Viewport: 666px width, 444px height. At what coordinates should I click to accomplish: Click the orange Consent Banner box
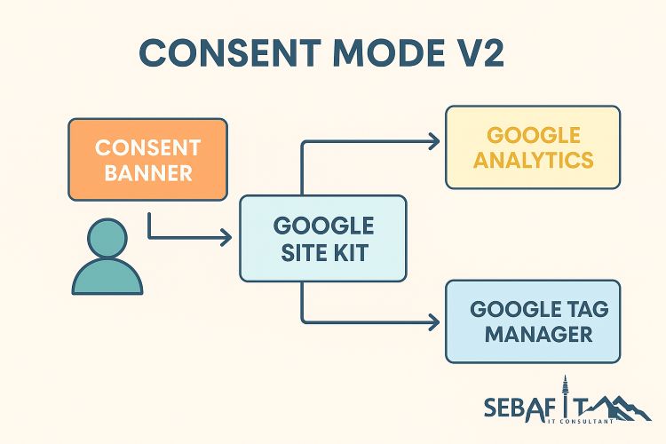(147, 159)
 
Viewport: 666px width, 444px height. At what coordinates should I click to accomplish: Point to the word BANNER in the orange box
(147, 172)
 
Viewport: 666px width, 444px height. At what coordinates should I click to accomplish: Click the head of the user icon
(107, 239)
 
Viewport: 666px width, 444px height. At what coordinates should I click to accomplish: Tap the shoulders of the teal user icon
(107, 279)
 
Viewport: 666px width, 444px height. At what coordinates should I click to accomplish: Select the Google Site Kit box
(323, 239)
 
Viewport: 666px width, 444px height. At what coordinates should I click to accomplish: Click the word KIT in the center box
(350, 253)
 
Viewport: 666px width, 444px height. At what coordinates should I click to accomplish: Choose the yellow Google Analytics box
(533, 147)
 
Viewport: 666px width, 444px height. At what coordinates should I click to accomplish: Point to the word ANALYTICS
(533, 161)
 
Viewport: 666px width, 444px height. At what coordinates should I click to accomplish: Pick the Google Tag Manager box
(533, 321)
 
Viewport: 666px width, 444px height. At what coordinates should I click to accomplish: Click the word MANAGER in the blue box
(533, 335)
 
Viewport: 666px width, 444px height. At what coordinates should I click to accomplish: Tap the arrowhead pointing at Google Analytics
(433, 141)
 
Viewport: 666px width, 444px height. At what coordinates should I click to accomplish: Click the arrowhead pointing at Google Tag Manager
(433, 321)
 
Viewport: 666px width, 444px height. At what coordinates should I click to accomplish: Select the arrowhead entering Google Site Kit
(226, 238)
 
